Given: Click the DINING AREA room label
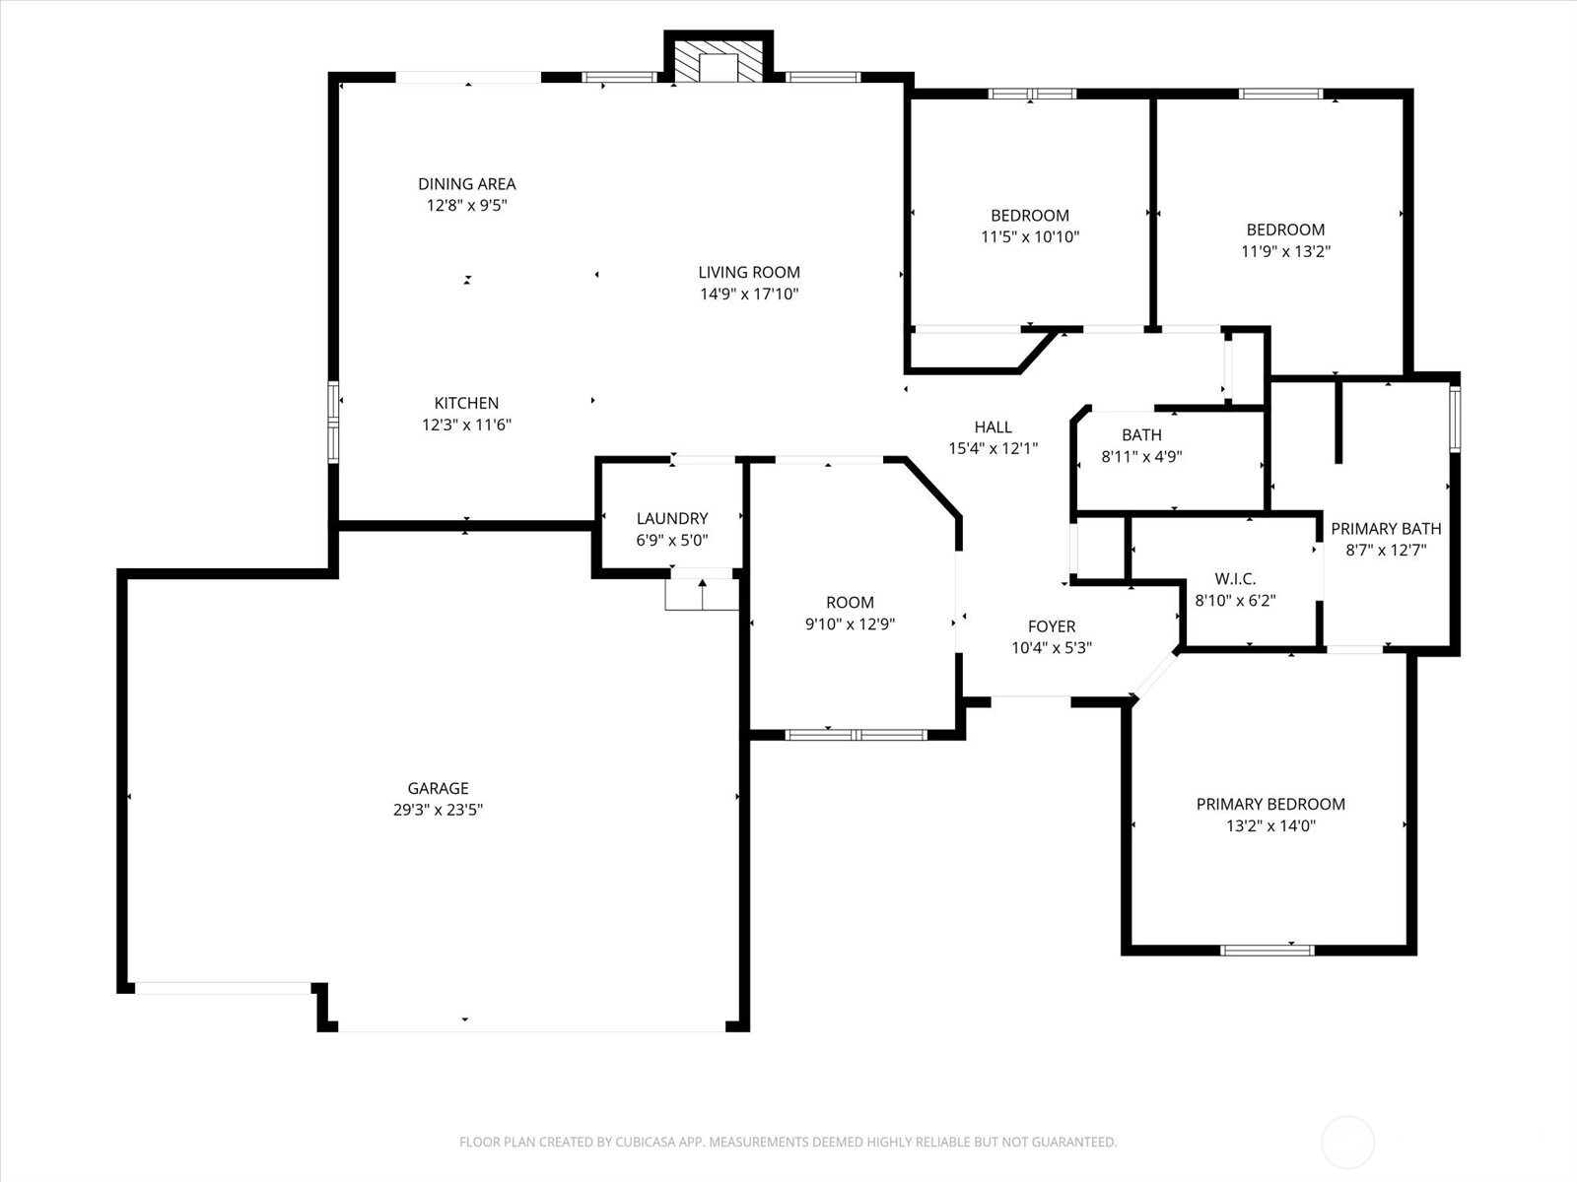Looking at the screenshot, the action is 467,184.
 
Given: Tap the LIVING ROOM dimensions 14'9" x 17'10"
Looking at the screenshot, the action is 749,294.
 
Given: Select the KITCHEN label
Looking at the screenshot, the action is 466,403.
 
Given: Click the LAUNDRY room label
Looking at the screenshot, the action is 672,518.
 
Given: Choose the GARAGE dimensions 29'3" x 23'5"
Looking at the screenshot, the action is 439,810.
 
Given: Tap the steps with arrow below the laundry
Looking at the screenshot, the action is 702,594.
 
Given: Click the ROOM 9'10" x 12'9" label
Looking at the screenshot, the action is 850,613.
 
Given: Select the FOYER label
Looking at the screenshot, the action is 1052,626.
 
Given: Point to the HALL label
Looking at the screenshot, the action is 994,427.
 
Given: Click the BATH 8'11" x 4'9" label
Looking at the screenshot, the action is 1141,445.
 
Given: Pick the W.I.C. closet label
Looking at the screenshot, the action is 1235,578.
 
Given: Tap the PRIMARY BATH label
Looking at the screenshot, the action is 1386,529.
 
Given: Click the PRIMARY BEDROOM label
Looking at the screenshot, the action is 1270,805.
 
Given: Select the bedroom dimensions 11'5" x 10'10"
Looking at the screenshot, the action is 1030,236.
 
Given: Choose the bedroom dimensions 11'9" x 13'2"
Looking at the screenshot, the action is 1286,251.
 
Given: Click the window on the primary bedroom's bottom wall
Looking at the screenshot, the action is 1268,951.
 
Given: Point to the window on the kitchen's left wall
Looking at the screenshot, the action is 333,422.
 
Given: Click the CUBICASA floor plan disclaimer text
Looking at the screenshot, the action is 788,1142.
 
